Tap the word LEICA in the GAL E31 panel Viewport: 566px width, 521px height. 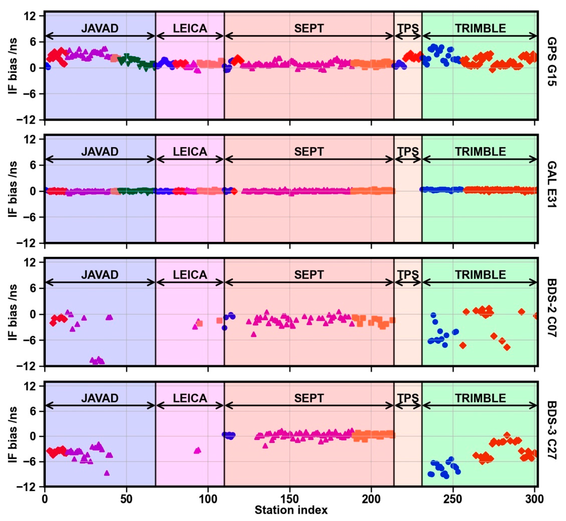click(x=190, y=152)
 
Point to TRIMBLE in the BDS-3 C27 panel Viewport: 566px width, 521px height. click(x=480, y=398)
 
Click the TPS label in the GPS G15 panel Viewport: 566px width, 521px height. click(x=408, y=28)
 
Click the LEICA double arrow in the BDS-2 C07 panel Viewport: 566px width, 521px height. click(x=190, y=282)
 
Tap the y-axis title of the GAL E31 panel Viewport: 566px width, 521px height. click(x=13, y=189)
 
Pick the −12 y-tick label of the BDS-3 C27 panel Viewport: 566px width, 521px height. click(x=27, y=487)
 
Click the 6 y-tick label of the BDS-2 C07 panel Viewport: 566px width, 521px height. click(x=34, y=288)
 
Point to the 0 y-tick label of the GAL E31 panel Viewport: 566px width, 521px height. click(x=34, y=191)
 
